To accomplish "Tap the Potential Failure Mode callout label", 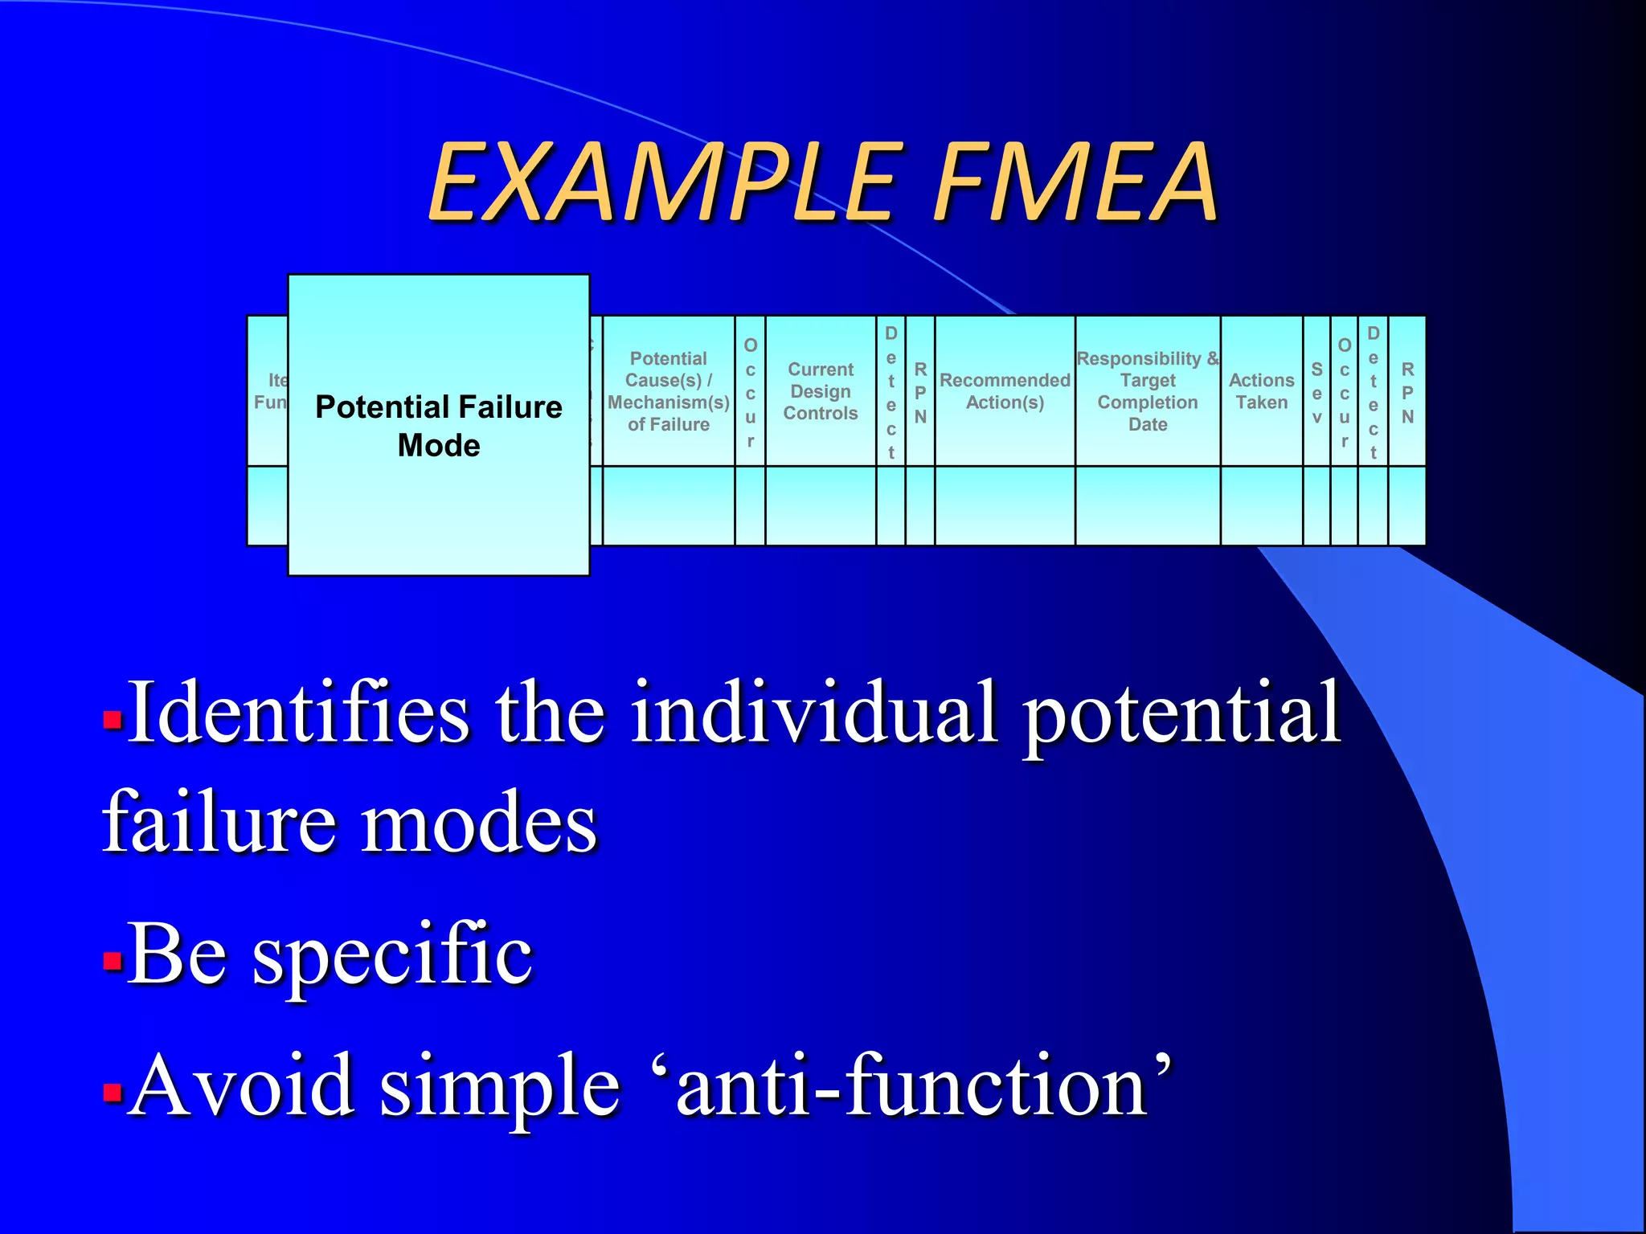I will point(439,426).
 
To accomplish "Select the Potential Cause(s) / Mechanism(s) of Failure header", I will point(669,391).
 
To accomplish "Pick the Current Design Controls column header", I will point(821,391).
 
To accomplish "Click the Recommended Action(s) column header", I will point(1005,391).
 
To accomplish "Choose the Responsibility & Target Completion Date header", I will point(1148,391).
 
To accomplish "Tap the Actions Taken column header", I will point(1262,391).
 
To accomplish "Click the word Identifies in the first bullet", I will point(297,713).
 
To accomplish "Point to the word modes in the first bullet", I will point(479,823).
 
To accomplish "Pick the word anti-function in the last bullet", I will point(911,1086).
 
